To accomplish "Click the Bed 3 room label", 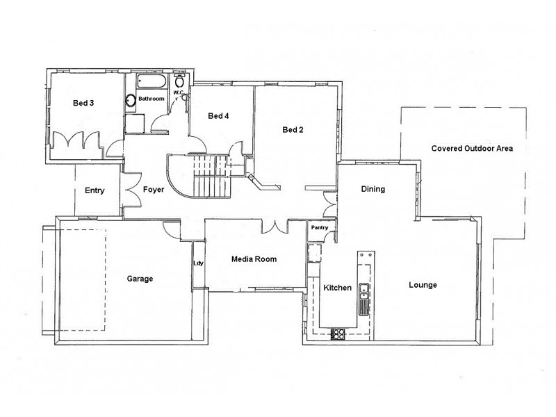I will (x=83, y=104).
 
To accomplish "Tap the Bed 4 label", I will (x=218, y=116).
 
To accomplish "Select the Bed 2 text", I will (x=293, y=130).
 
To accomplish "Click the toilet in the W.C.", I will (x=179, y=80).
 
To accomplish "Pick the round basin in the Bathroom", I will (x=130, y=101).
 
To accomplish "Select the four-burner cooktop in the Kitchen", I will (x=339, y=334).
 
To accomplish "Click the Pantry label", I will (x=319, y=227).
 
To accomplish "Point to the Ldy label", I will (x=198, y=263).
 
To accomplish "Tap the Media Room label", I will (x=254, y=259).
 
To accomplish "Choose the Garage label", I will (x=140, y=279).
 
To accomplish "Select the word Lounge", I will (x=423, y=285).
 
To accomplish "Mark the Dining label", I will (x=373, y=189).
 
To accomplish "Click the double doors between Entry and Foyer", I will (x=129, y=190).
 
